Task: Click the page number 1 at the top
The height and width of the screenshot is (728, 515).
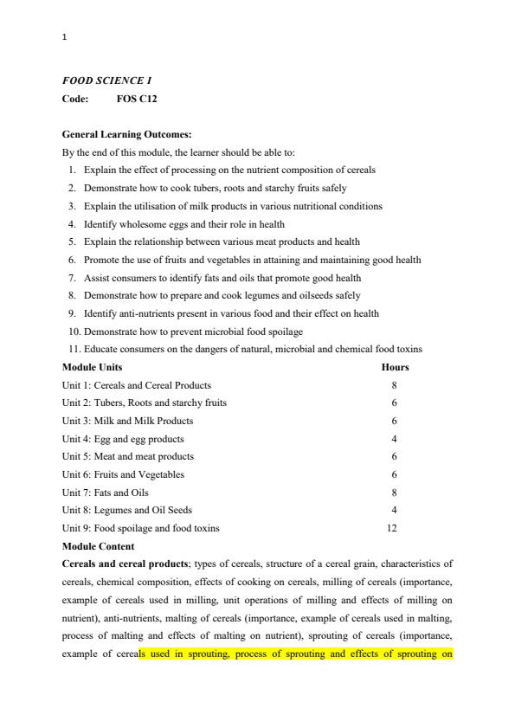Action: tap(65, 38)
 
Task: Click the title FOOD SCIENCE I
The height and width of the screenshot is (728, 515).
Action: tap(107, 80)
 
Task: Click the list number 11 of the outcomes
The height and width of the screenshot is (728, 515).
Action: tap(73, 350)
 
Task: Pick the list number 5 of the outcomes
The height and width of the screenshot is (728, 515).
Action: tap(74, 242)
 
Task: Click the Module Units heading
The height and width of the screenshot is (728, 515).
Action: tap(92, 367)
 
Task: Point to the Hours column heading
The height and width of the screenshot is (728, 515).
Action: tap(395, 367)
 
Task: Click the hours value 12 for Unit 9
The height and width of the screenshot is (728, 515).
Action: tap(395, 528)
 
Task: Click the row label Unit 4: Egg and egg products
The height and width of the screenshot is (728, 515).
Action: tap(123, 439)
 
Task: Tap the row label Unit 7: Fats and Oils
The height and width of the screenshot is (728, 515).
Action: tap(105, 493)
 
